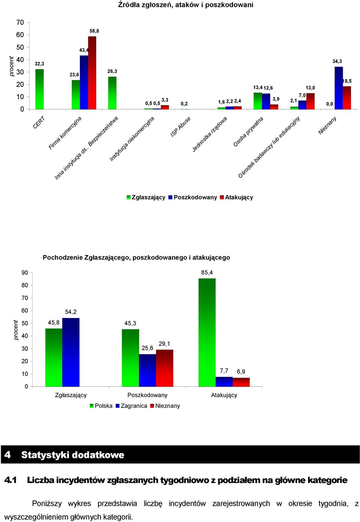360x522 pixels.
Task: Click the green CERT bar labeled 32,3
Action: [40, 89]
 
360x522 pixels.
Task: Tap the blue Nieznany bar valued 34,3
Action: [339, 88]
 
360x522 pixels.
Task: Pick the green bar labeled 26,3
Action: [112, 93]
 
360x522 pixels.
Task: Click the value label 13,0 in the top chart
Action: [310, 88]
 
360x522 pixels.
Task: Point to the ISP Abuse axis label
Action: [180, 127]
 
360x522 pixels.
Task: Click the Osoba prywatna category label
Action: [248, 132]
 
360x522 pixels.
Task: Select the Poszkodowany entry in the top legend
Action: [193, 197]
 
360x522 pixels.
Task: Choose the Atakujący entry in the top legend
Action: [237, 197]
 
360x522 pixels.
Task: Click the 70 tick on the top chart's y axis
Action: [20, 22]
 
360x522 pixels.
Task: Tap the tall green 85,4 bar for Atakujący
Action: [207, 333]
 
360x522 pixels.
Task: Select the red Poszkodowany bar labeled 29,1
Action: [165, 368]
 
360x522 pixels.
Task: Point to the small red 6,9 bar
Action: [241, 382]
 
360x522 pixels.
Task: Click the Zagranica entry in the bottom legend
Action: [131, 406]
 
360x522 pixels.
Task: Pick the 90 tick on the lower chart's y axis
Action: [25, 273]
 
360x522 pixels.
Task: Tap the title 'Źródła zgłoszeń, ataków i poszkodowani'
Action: [186, 4]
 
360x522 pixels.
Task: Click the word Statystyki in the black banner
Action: [45, 455]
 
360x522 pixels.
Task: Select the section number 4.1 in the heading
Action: [10, 480]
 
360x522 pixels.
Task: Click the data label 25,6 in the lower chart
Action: [147, 348]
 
